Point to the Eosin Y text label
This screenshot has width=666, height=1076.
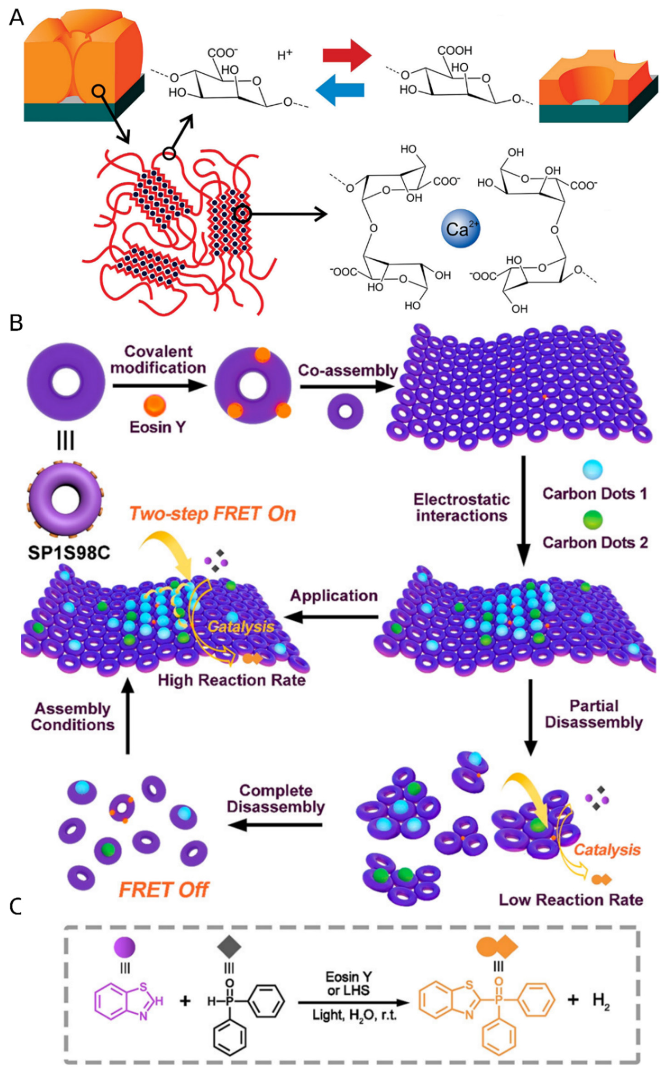click(158, 427)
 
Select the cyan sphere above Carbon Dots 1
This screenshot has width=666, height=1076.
click(592, 470)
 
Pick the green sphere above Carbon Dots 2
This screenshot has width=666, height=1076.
click(592, 520)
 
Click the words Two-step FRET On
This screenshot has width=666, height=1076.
click(212, 514)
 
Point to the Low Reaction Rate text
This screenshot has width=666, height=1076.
click(571, 899)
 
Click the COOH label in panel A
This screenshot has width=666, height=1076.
click(455, 51)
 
